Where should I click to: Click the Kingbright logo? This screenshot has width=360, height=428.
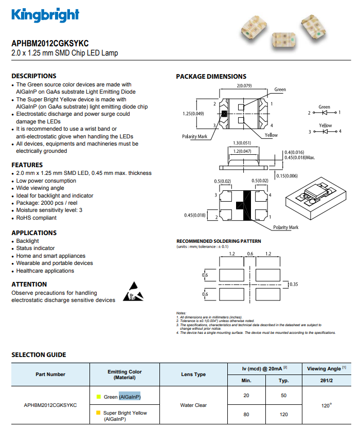(45, 15)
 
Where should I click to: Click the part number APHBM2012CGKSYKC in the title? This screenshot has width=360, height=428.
(50, 43)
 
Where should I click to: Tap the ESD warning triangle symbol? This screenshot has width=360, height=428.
(133, 292)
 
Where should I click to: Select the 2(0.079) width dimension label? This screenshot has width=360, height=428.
(244, 86)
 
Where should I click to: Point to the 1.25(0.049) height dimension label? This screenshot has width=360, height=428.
(193, 114)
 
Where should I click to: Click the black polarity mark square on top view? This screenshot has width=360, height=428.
(224, 114)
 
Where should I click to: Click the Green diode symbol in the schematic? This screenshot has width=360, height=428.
(325, 113)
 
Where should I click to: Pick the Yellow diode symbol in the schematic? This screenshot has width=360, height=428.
(325, 132)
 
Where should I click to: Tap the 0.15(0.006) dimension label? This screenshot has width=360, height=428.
(287, 176)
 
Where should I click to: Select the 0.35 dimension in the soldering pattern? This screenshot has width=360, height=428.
(294, 284)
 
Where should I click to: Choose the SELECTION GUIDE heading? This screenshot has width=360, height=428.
(39, 355)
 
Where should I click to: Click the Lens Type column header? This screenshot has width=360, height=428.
(193, 374)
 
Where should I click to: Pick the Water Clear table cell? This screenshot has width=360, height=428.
(193, 405)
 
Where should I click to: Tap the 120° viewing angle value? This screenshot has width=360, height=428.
(327, 405)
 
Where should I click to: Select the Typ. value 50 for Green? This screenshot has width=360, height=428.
(283, 396)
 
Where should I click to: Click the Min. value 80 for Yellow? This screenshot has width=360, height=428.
(246, 415)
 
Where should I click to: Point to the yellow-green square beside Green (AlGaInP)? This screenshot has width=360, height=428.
(99, 397)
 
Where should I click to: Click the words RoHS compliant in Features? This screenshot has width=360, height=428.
(37, 218)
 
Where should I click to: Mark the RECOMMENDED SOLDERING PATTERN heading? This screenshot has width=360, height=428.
(219, 241)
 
